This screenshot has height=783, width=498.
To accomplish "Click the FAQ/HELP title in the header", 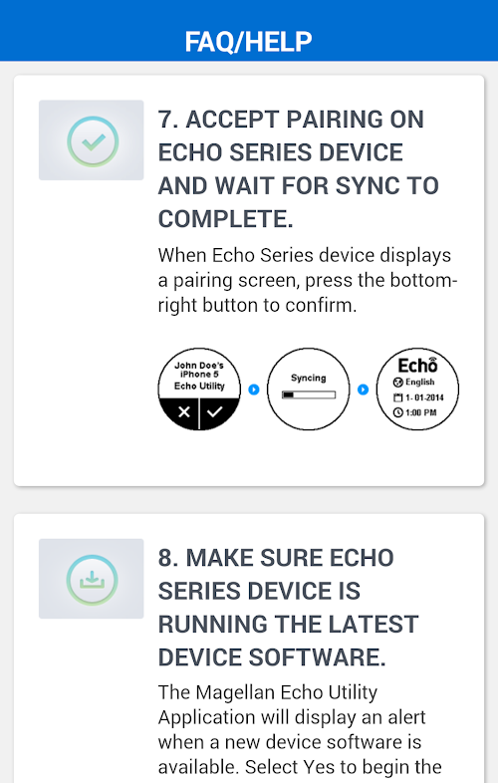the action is [248, 42].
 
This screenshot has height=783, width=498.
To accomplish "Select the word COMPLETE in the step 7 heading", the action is [226, 219].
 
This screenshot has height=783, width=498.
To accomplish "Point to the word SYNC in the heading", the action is [368, 185].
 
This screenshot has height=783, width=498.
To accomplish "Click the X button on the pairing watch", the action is [184, 412].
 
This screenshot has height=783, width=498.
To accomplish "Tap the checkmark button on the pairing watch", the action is [215, 412].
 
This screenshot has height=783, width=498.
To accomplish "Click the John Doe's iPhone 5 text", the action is [199, 370].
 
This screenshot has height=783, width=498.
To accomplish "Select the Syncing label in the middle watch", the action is [308, 378].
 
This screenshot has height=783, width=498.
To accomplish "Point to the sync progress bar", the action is [308, 395].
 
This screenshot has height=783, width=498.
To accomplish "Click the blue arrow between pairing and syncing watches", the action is [254, 389].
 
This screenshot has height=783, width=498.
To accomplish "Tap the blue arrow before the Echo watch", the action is [364, 389].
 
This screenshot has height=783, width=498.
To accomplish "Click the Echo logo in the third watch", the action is [417, 365].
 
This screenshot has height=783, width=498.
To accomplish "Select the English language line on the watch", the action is [413, 382].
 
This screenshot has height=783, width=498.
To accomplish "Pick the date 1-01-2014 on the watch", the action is [418, 397].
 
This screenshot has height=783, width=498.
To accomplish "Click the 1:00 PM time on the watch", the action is [414, 412].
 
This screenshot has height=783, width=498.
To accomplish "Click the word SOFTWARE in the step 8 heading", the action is [317, 657].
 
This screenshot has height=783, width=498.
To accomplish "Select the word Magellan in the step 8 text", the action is [235, 692].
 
